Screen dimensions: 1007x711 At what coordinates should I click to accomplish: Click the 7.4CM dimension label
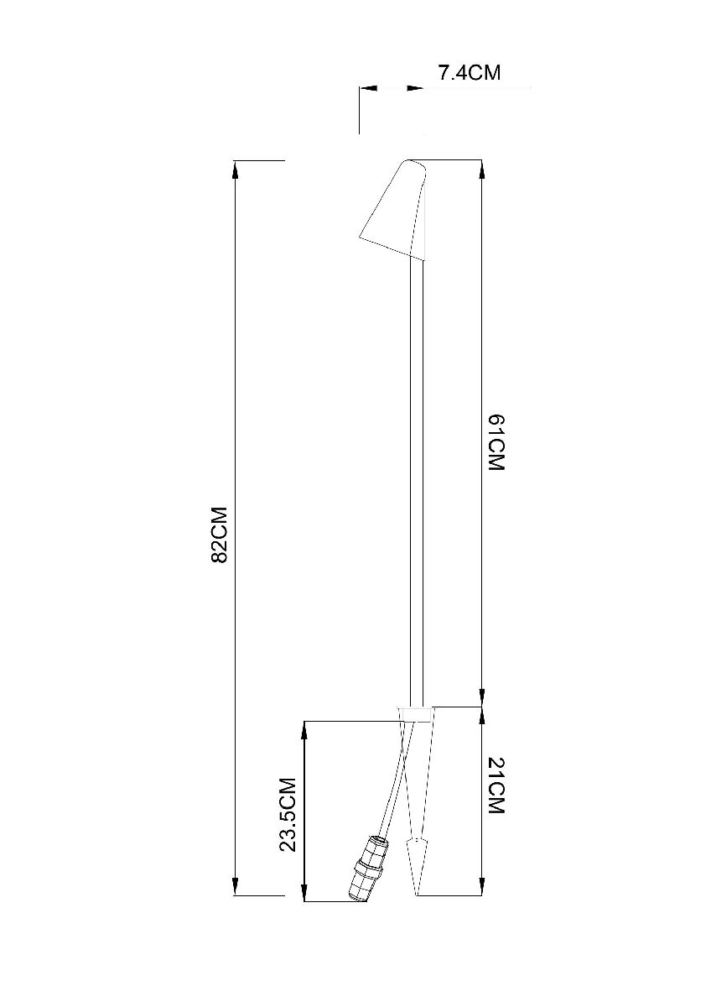469,73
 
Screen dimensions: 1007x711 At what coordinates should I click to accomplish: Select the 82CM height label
220,534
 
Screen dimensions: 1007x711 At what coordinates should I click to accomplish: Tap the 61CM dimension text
496,442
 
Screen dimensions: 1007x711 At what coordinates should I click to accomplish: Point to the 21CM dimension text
496,786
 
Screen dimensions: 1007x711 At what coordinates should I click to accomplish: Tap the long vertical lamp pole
417,478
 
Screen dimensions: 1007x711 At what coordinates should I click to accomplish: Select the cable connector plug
366,869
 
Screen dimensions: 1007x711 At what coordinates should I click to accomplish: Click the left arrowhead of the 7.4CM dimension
368,87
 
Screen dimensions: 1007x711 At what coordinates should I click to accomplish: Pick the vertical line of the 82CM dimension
236,378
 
